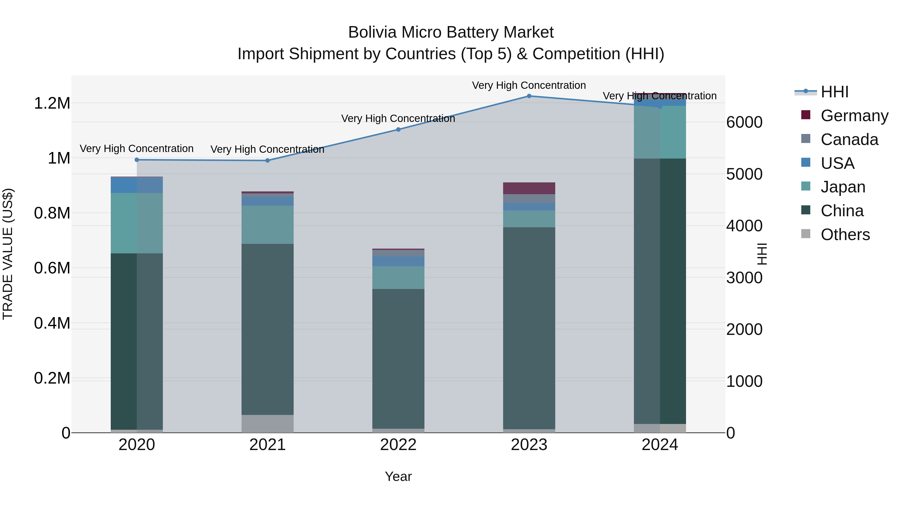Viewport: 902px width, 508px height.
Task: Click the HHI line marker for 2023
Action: (x=529, y=96)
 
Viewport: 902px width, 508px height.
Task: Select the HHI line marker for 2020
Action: (x=137, y=160)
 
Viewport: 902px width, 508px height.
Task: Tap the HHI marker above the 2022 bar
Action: (x=398, y=129)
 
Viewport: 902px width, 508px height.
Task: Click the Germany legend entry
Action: (x=854, y=116)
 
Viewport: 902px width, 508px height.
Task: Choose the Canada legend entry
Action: (x=849, y=139)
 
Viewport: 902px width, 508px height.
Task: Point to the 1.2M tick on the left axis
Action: (x=52, y=103)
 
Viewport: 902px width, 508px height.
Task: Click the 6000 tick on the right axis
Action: (x=744, y=122)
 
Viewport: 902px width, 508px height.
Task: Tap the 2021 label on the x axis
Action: (x=268, y=445)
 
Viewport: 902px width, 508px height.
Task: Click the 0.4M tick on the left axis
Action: (x=52, y=323)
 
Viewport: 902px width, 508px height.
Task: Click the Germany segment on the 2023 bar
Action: (x=529, y=188)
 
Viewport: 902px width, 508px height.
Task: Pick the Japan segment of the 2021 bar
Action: (x=268, y=225)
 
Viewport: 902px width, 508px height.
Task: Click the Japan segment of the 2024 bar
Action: (x=660, y=132)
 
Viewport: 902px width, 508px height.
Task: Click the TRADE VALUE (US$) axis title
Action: (x=8, y=254)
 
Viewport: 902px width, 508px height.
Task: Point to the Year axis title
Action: (x=398, y=477)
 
